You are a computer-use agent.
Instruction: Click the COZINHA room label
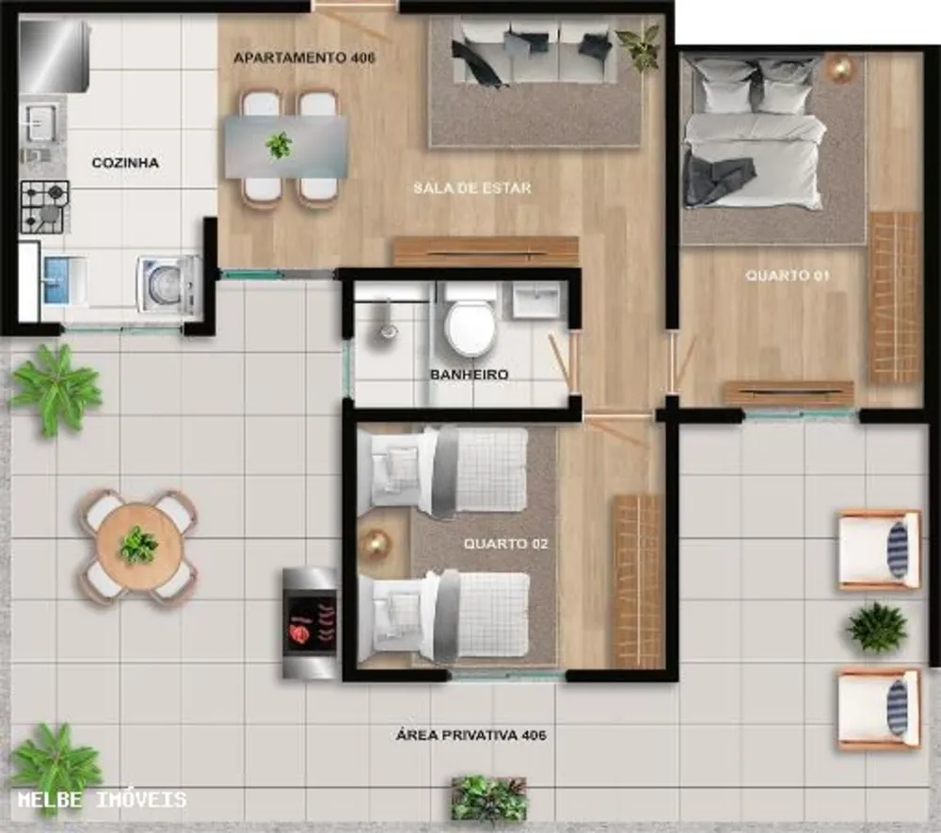[x=125, y=163]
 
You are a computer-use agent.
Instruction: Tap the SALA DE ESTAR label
[x=472, y=188]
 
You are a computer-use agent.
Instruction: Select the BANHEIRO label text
[x=470, y=375]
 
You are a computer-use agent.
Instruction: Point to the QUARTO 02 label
[x=506, y=544]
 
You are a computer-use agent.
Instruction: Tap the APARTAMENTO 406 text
[x=304, y=58]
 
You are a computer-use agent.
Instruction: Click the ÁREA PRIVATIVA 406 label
[x=471, y=735]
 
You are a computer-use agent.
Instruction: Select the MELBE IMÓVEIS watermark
[x=102, y=799]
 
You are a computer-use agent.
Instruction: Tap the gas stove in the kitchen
[x=45, y=207]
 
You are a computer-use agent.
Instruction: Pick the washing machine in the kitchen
[x=168, y=283]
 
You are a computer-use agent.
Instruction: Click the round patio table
[x=139, y=546]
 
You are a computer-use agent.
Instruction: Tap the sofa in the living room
[x=534, y=53]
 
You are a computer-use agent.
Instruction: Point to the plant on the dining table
[x=279, y=145]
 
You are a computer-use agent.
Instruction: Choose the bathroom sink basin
[x=535, y=299]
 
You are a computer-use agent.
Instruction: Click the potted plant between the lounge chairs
[x=876, y=628]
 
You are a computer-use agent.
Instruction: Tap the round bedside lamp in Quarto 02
[x=375, y=544]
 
